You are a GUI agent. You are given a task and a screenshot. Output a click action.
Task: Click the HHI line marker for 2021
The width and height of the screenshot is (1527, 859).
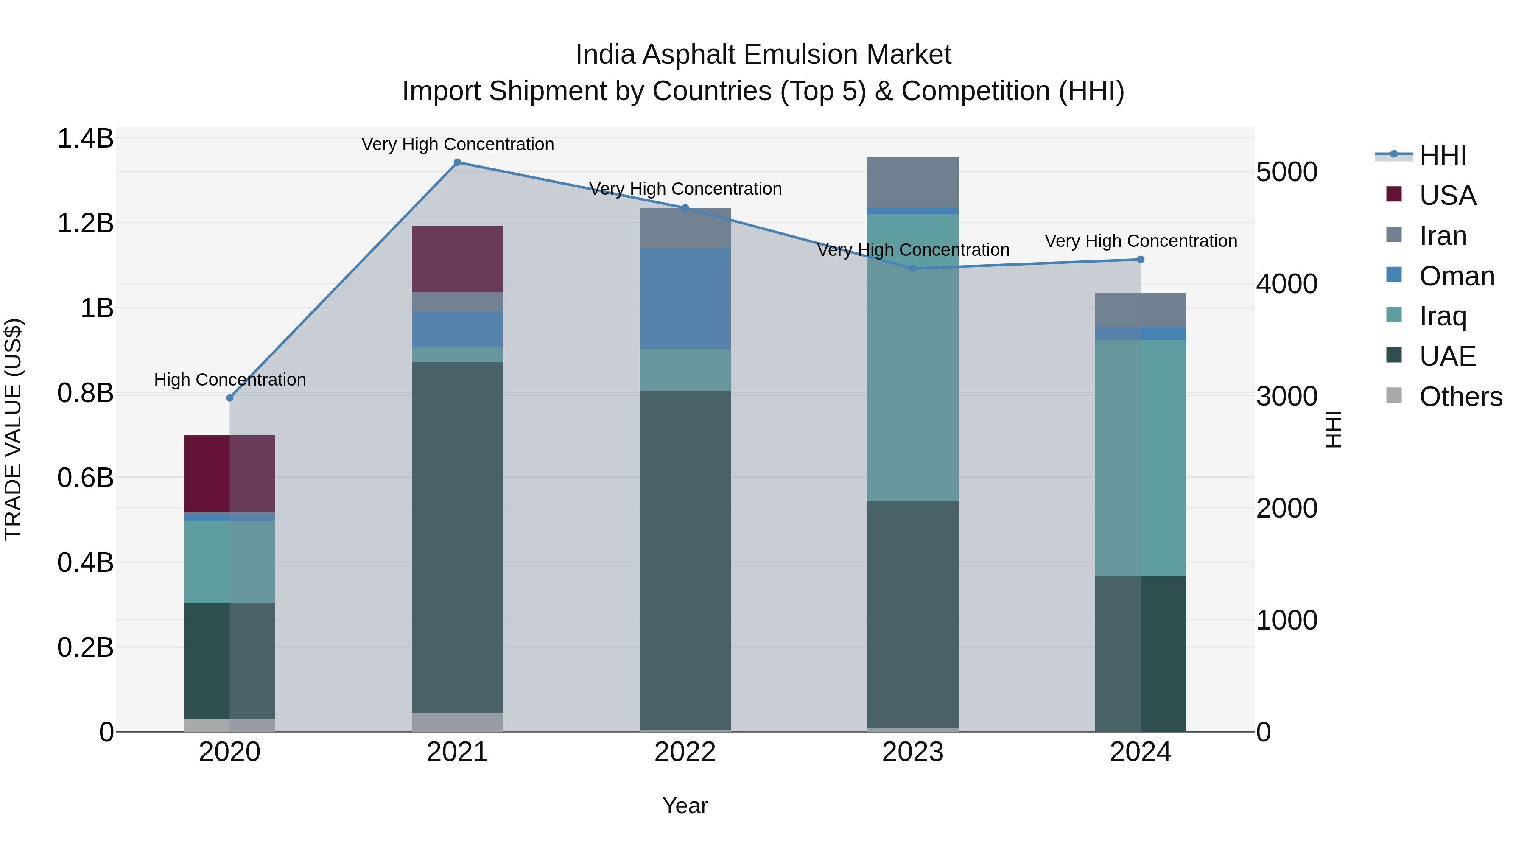(457, 162)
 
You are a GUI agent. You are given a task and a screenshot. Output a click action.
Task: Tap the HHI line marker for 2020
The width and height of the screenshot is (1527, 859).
(230, 398)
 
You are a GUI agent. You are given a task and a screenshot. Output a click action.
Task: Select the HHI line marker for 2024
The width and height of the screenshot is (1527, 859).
(1141, 260)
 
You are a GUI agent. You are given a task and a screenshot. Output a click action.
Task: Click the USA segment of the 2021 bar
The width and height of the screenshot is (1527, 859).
(457, 259)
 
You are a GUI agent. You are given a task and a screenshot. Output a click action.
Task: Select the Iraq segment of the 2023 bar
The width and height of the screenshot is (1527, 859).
(912, 358)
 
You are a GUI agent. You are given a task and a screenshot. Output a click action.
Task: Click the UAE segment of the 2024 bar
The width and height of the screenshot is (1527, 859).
(1141, 653)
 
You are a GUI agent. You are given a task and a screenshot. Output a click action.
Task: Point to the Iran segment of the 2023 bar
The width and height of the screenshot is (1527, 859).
(912, 182)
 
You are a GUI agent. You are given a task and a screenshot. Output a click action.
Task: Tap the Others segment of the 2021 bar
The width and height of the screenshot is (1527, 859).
(457, 722)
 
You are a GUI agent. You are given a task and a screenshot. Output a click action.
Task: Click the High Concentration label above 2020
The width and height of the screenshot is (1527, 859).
(230, 379)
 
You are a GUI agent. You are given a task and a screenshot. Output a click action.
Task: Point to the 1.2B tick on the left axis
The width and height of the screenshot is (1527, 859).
(85, 224)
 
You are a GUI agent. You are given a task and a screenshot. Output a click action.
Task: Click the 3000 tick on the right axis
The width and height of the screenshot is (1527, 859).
(1286, 396)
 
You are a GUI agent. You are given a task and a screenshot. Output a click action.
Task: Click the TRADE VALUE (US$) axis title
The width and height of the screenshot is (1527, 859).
(14, 429)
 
